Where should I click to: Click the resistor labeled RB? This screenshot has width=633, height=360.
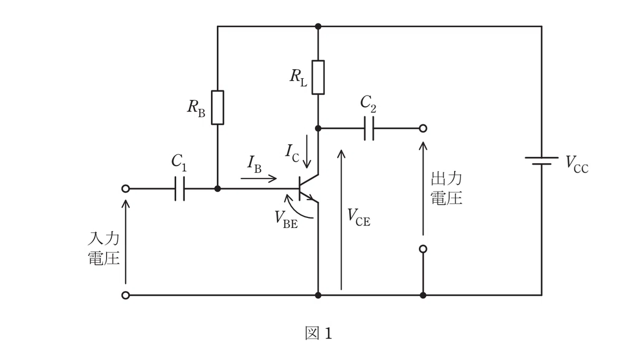point(217,108)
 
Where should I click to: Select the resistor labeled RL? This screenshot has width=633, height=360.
point(318,77)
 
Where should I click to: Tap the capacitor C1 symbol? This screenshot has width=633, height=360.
point(180,188)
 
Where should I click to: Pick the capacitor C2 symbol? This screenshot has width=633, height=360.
point(369,128)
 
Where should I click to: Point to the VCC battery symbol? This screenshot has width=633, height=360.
point(542,160)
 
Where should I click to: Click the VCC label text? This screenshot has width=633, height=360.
point(577,165)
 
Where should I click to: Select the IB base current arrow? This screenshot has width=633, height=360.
point(258,178)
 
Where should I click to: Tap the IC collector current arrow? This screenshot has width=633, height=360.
point(306,151)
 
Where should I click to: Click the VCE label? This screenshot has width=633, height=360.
point(359,217)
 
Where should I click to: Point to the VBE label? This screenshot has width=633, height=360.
point(286,220)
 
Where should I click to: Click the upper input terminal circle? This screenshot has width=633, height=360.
point(126,188)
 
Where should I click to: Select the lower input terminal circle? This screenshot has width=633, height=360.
point(126,296)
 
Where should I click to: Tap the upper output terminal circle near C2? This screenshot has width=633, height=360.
point(423,128)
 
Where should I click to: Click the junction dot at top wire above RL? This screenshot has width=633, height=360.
point(318,26)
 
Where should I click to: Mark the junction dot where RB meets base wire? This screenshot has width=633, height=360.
point(217,188)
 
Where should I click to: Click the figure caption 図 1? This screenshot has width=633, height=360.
point(319,333)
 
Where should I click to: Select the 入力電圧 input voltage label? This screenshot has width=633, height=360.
point(104,248)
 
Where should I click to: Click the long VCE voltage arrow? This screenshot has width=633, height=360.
point(341,220)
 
